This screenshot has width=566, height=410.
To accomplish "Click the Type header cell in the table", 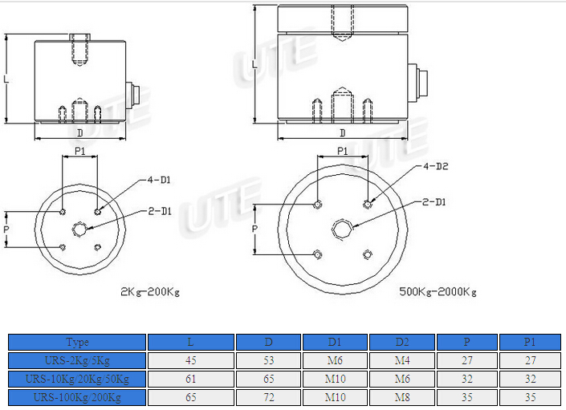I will click(78, 342).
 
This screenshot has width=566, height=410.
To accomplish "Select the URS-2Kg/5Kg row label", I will click(78, 360).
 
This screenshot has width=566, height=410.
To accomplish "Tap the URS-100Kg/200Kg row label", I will click(78, 397).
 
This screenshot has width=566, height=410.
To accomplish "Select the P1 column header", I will click(530, 342).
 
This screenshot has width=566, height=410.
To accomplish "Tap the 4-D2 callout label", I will click(436, 167).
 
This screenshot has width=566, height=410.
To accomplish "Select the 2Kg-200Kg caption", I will click(150, 290).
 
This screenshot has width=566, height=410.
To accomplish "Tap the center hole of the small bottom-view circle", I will click(79, 229).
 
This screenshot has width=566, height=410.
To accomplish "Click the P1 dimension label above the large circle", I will click(342, 151).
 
